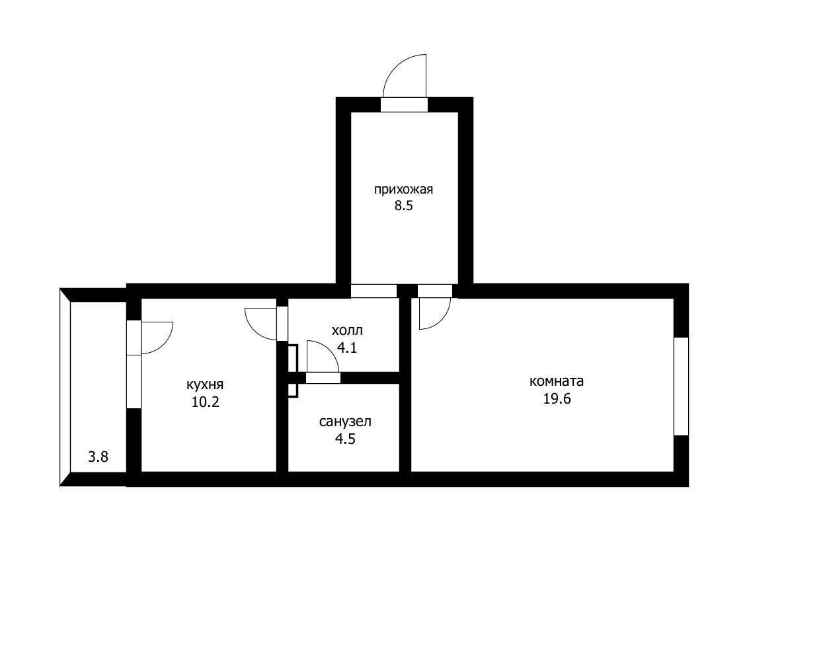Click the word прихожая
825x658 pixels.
pos(403,190)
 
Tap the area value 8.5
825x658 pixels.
pos(404,206)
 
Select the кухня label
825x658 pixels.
pos(205,384)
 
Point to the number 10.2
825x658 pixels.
pos(205,402)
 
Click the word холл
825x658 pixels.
pos(347,330)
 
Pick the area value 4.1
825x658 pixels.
pos(346,347)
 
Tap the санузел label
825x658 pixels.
pos(345,421)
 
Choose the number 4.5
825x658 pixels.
pos(345,439)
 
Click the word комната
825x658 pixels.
pos(556,381)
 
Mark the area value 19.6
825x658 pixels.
pos(557,398)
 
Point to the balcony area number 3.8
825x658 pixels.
pos(98,457)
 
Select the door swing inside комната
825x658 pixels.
pos(441,320)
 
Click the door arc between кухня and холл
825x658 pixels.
pos(253,330)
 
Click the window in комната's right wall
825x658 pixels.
pos(682,386)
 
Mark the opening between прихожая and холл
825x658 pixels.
pos(373,291)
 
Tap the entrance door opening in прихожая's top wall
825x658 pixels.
pos(404,104)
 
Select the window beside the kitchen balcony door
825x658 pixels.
pos(134,382)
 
